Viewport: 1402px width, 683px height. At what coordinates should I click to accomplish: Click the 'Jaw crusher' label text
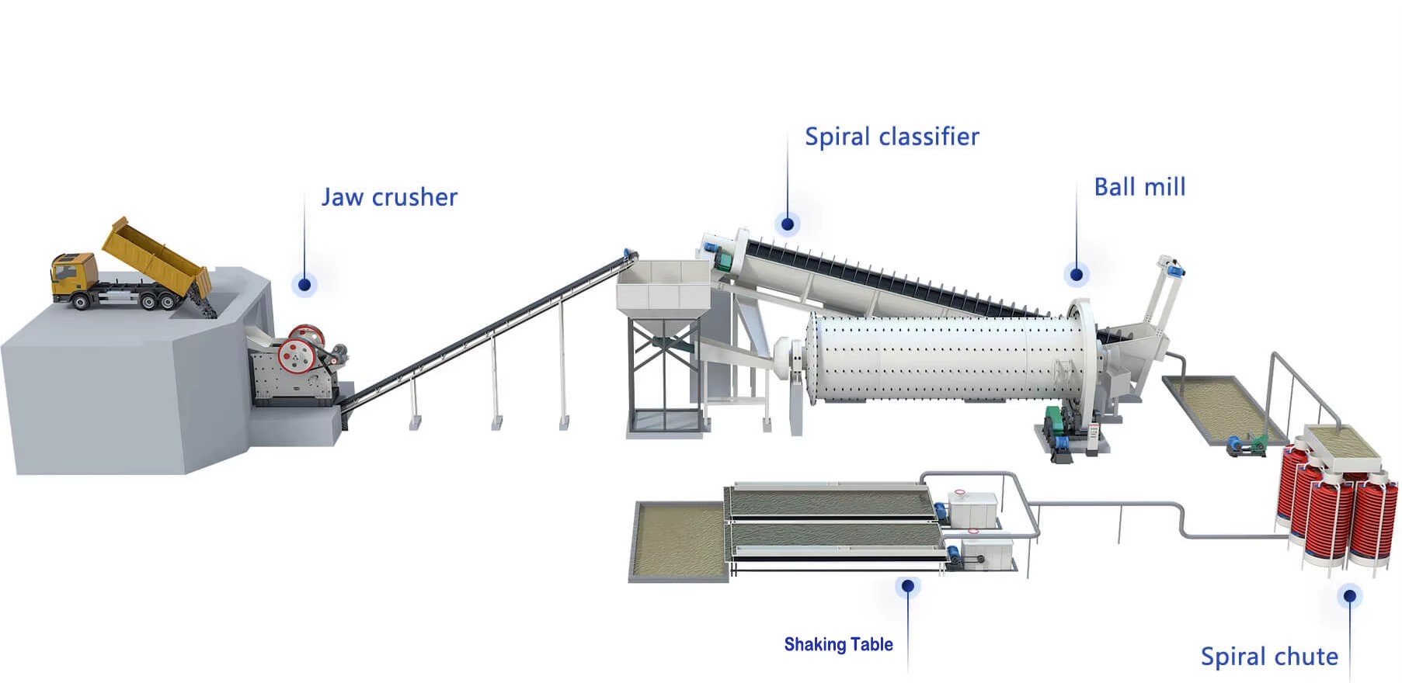(389, 197)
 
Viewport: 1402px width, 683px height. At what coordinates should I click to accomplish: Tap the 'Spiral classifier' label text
(892, 137)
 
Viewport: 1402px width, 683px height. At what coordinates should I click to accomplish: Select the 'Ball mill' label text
(1139, 187)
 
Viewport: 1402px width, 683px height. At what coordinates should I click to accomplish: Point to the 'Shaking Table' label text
(838, 644)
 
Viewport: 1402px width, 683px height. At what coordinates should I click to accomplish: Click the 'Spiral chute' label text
(1269, 657)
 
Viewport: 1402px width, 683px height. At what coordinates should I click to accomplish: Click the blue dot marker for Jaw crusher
(304, 285)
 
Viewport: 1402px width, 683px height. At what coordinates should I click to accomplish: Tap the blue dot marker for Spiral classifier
(788, 224)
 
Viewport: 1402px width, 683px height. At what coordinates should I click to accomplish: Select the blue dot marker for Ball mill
(1077, 274)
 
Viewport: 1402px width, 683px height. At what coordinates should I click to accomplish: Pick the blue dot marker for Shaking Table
(907, 586)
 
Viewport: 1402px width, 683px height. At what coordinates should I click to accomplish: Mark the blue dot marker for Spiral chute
(1350, 596)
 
